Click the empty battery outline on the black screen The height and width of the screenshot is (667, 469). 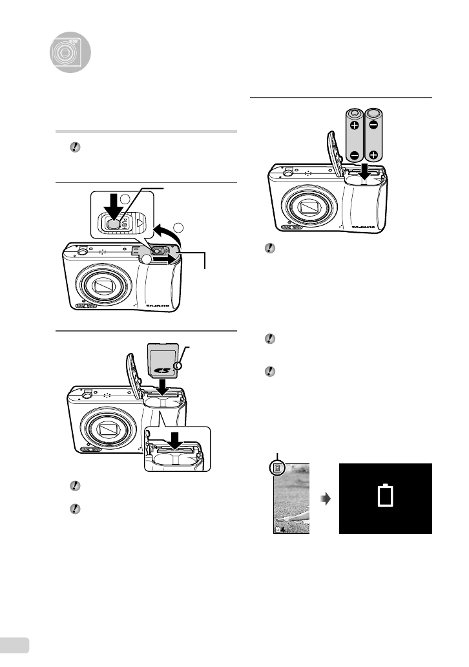coord(385,496)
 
